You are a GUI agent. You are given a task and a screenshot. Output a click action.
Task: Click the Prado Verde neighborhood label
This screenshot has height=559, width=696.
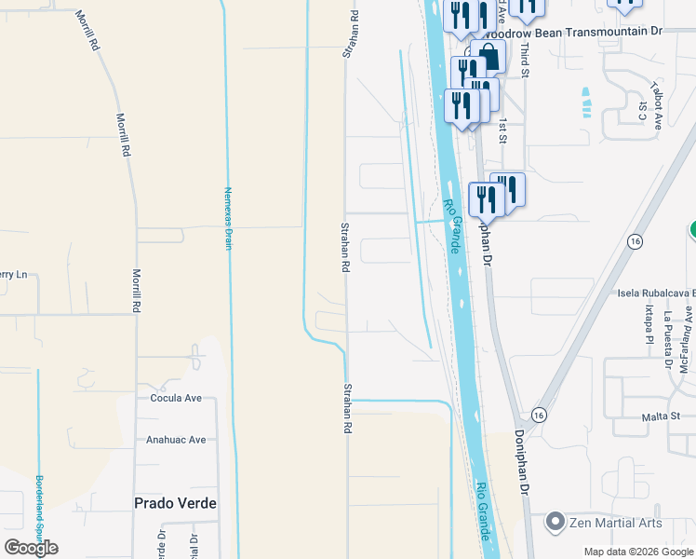coord(176,503)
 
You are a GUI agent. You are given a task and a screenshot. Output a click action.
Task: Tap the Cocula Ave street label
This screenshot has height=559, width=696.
coord(176,398)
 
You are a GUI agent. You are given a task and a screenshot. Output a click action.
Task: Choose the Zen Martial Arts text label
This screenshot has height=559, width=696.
coord(616,523)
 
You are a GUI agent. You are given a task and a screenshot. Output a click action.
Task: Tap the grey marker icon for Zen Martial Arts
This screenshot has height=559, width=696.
coord(556,522)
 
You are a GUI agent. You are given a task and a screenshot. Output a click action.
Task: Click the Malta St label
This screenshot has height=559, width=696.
coord(662,417)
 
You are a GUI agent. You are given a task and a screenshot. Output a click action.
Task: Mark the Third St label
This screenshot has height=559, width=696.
coord(525,59)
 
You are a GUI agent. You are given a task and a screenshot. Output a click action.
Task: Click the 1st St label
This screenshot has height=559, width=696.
coord(502,130)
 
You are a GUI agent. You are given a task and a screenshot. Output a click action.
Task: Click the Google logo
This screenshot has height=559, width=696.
coord(31,547)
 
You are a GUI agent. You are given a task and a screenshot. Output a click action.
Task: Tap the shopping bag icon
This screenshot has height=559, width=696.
coord(488,57)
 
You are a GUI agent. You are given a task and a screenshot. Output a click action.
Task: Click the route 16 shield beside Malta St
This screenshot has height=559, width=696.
coord(538,414)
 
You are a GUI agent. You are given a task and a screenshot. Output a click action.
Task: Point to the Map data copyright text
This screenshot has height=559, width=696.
coord(638,552)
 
